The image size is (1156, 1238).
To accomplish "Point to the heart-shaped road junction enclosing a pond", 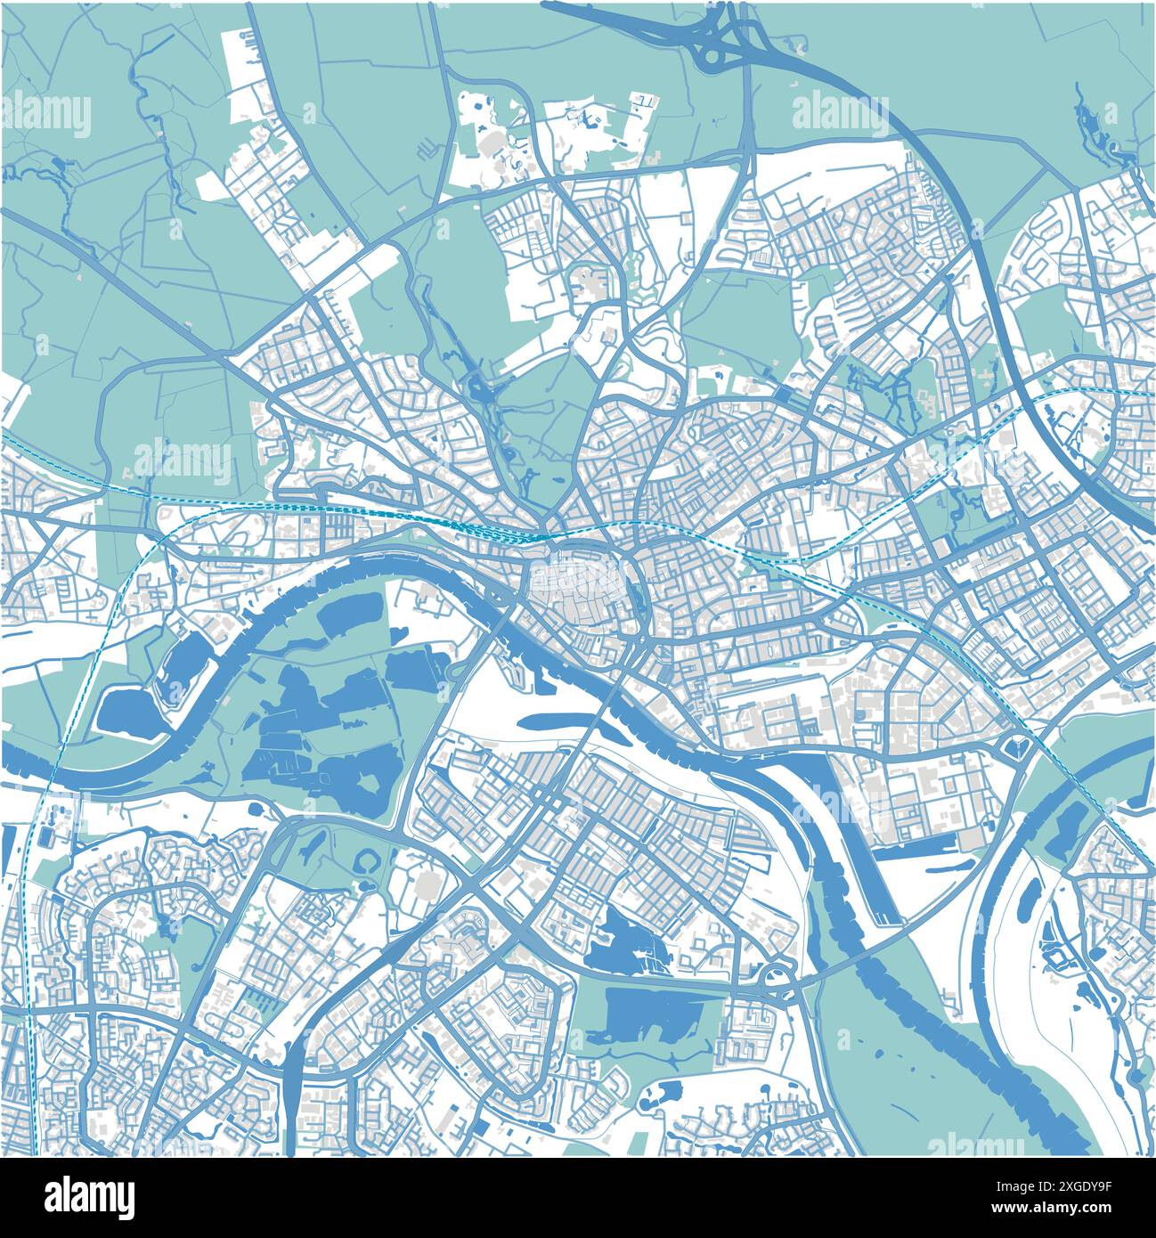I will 1018,745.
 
